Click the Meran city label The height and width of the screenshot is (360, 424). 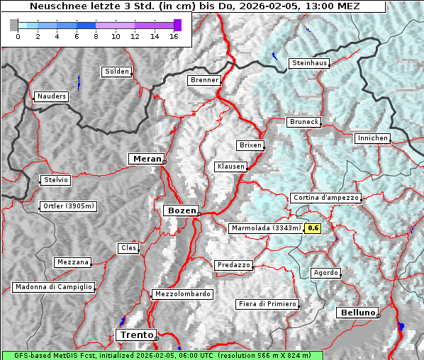145,159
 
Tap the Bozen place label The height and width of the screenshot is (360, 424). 180,210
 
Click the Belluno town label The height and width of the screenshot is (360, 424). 357,313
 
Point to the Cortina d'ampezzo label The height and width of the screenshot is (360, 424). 325,198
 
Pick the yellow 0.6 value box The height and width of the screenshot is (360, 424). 313,228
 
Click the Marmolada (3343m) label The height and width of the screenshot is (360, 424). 266,228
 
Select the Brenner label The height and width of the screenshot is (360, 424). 204,80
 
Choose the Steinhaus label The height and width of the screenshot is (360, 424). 310,63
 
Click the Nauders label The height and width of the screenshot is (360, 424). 51,96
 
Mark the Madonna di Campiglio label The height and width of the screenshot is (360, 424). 53,287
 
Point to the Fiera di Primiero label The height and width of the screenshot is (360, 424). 267,304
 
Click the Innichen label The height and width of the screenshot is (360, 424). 372,138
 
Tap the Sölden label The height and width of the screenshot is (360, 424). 117,72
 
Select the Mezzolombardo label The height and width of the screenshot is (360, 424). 182,294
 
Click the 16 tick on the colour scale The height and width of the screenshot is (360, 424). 173,35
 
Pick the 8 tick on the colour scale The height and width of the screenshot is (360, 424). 96,35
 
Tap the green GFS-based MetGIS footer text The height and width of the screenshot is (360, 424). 162,355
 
